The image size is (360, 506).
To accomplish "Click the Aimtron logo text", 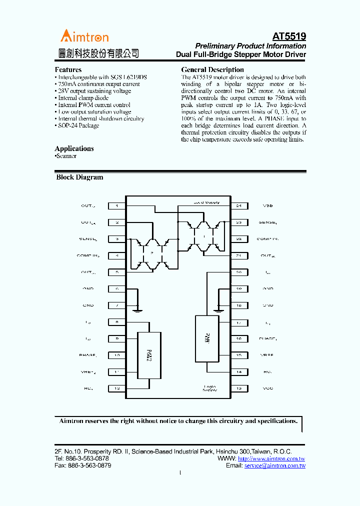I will [x=84, y=36].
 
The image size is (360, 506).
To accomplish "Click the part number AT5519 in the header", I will [x=289, y=36].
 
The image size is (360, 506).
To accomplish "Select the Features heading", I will [x=68, y=69].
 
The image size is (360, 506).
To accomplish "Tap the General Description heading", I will [x=212, y=69].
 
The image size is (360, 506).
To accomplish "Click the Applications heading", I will [x=74, y=148].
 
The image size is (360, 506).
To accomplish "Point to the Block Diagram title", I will [x=79, y=177].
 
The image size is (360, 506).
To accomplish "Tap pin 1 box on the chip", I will [x=117, y=205].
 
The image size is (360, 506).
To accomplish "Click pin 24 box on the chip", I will [x=238, y=205].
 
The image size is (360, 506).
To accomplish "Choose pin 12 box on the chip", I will [x=117, y=388].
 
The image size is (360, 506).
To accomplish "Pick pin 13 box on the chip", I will [x=238, y=388].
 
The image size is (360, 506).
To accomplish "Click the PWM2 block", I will [x=149, y=356].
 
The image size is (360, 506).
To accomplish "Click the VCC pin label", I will [x=268, y=388].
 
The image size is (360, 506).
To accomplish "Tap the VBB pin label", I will [x=268, y=205].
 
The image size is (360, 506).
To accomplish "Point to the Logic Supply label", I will [x=210, y=388].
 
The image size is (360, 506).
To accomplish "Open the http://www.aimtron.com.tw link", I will [x=271, y=458].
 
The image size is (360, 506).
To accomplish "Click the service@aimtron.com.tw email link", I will [x=275, y=465].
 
